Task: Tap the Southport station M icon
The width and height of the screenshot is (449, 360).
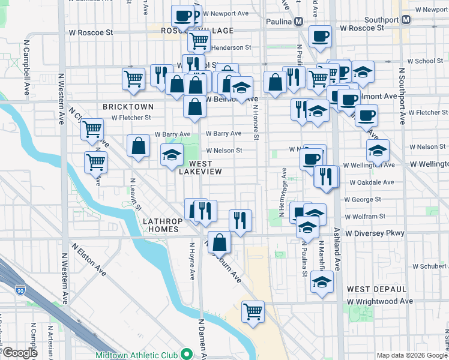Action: [406, 19]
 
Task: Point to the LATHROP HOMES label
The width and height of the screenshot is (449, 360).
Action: [162, 225]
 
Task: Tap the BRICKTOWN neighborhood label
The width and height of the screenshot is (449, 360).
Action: [128, 106]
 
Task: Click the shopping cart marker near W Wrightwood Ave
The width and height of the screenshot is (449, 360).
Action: [253, 311]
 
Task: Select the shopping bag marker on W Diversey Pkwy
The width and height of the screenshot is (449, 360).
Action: [220, 242]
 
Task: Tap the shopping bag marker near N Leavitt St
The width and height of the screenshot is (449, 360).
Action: [138, 146]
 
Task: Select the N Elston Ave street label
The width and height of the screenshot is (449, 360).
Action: [89, 259]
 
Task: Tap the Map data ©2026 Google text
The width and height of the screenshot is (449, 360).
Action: [411, 355]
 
